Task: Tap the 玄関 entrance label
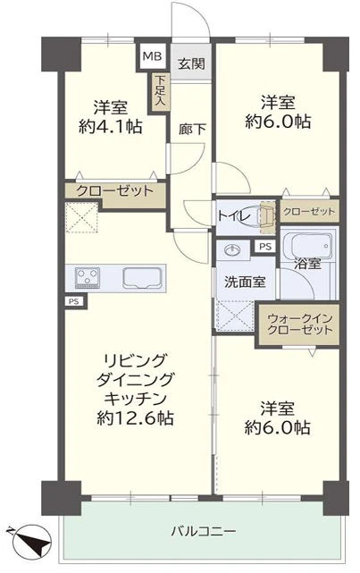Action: [x=191, y=64]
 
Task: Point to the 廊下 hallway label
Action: [x=192, y=129]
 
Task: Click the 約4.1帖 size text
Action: [x=110, y=126]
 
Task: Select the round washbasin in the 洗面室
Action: [x=232, y=250]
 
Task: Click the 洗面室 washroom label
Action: [x=245, y=282]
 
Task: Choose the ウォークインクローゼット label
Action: [x=299, y=324]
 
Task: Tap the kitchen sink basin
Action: [x=142, y=278]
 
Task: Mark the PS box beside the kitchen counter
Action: [x=74, y=301]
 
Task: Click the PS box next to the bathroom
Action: [x=265, y=247]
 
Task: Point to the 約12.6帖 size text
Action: [x=135, y=417]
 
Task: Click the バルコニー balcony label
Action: [x=204, y=531]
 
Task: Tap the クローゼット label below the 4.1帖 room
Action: [x=114, y=190]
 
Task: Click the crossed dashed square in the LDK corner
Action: [x=82, y=218]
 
